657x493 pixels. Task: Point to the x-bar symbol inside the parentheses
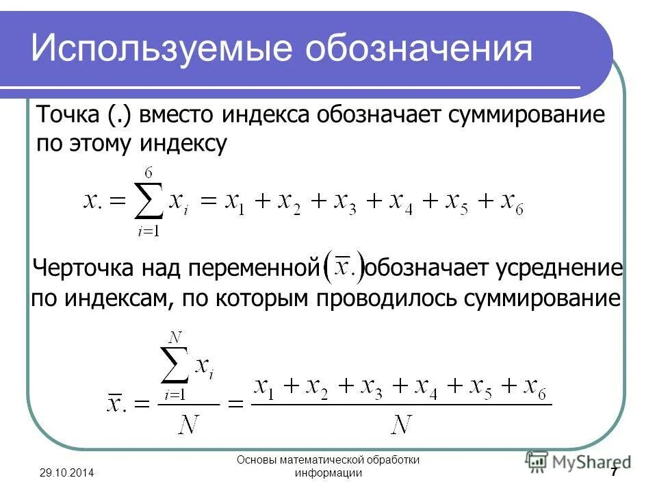(x=341, y=266)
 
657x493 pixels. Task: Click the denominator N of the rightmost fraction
(x=402, y=425)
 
